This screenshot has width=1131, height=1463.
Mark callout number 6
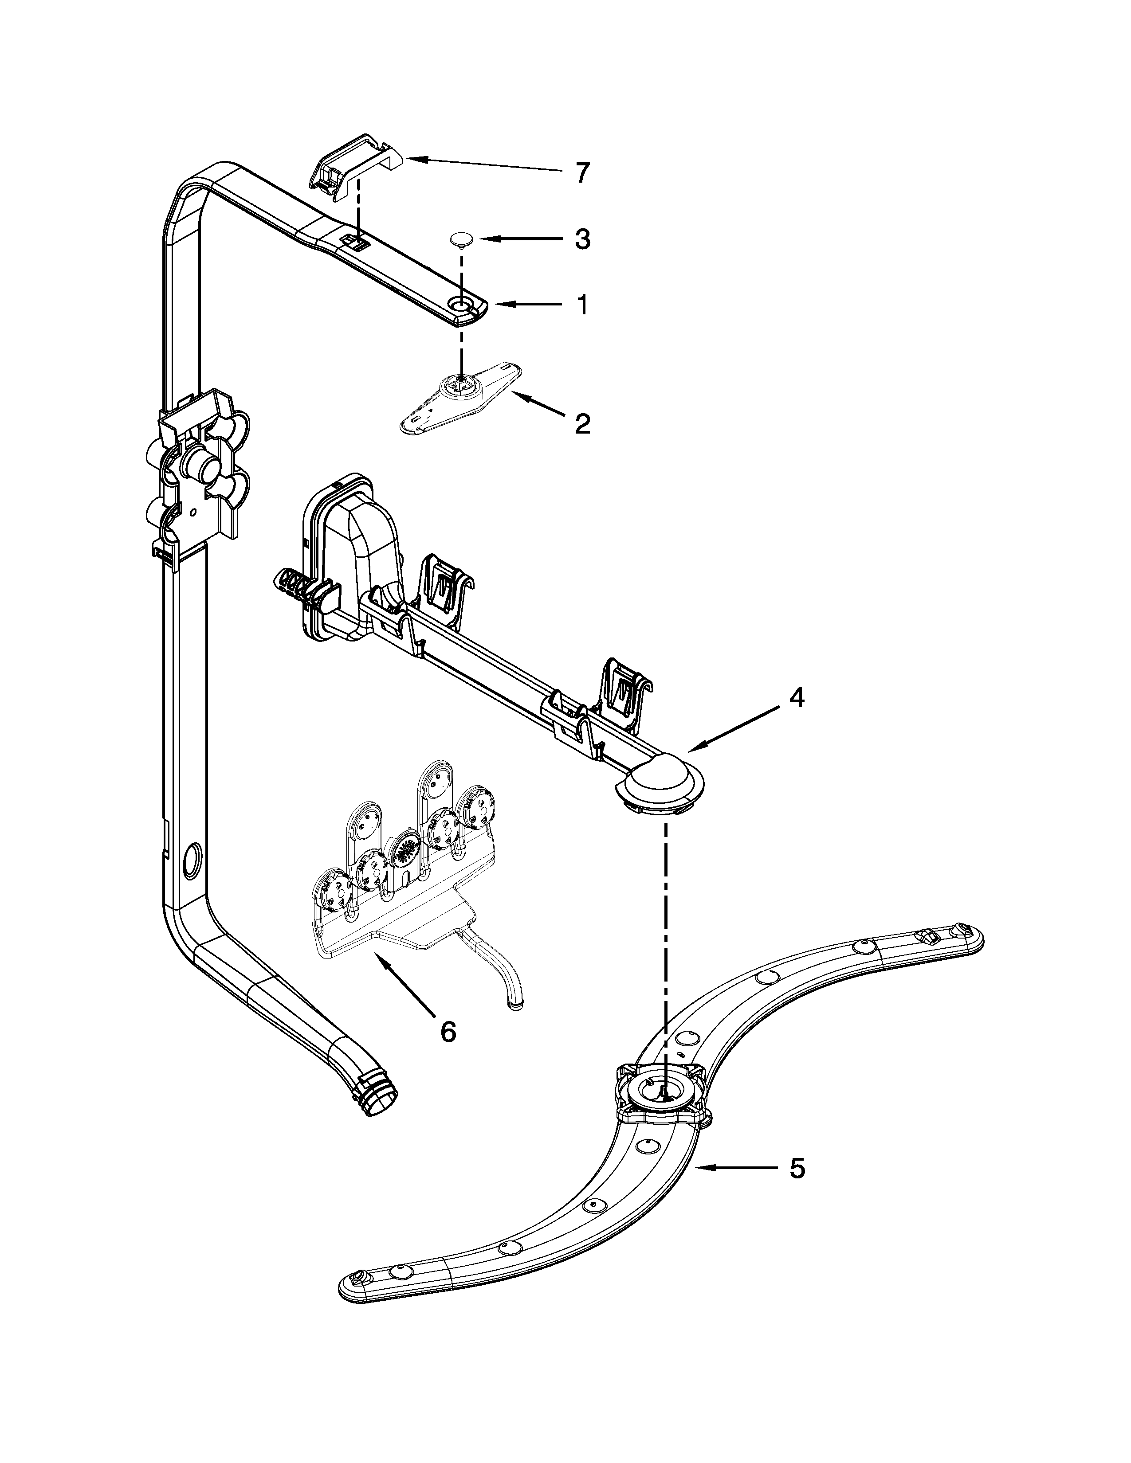(x=448, y=1032)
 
